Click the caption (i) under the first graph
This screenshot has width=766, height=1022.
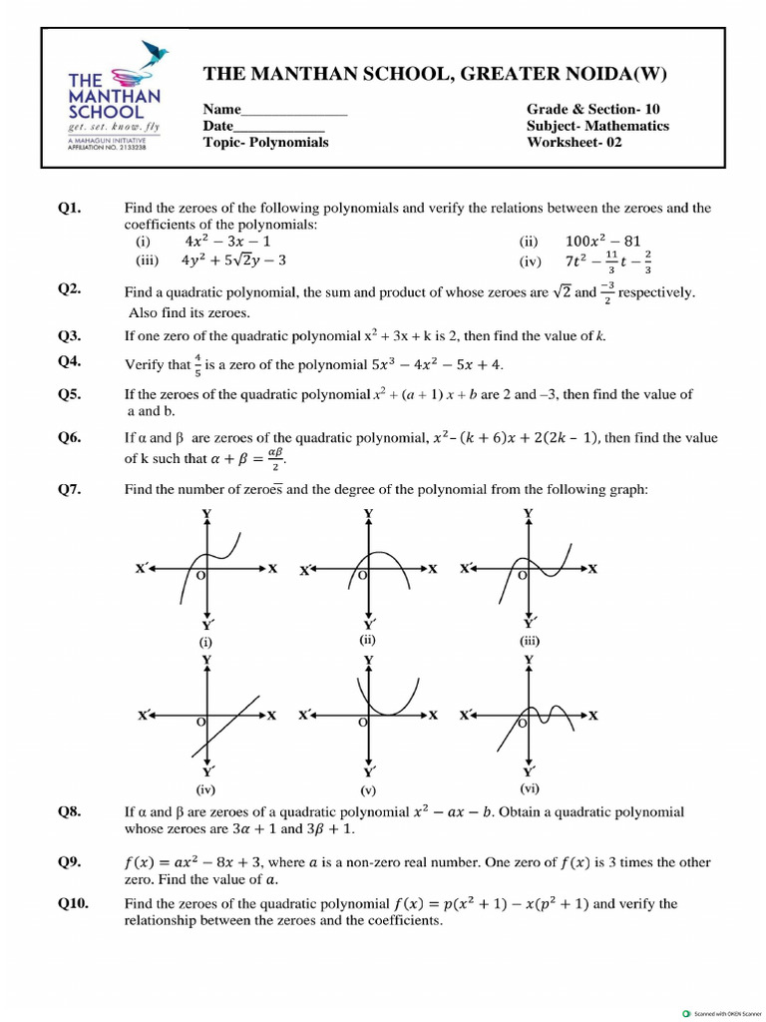(205, 643)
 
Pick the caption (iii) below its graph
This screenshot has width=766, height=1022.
(529, 642)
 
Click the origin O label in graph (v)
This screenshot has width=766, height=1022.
(363, 722)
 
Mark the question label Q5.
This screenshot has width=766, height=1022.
(69, 394)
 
